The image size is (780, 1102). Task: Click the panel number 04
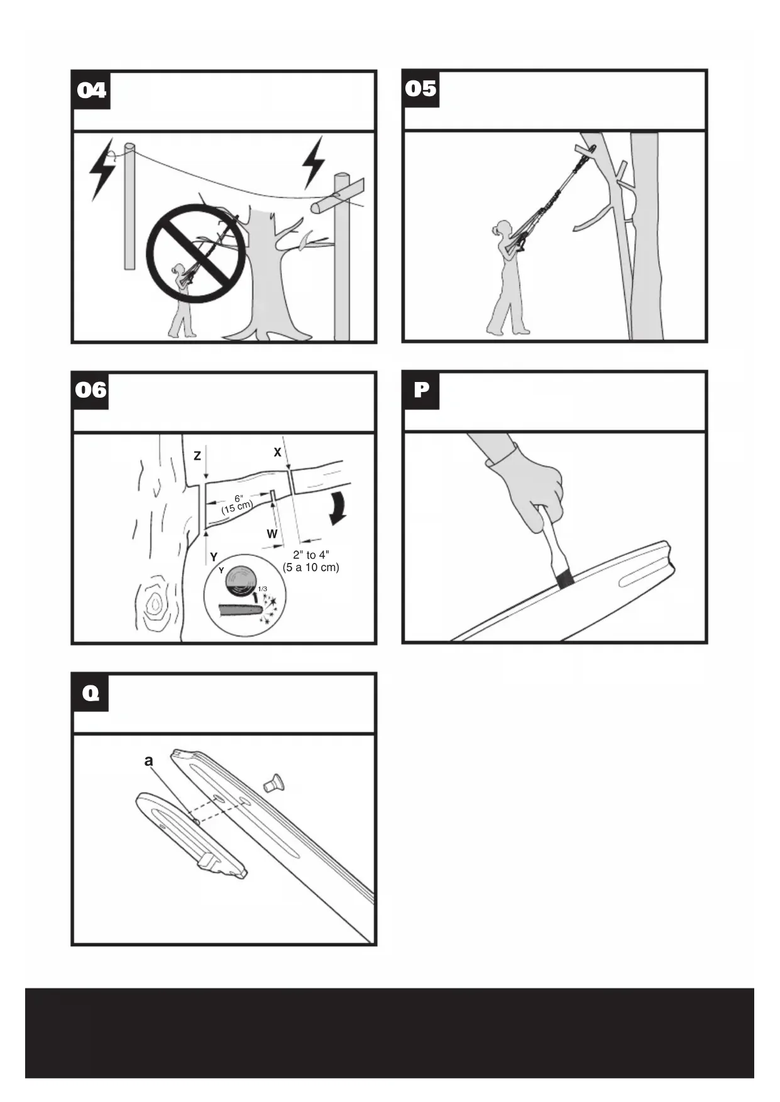pos(92,90)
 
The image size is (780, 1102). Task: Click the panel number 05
pos(420,89)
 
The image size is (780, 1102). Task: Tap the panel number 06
pos(91,390)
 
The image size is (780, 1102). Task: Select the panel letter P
pos(421,390)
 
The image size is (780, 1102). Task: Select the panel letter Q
pos(91,693)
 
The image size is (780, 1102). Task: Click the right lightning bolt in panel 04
pos(313,162)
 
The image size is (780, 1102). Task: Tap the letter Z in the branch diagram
pos(197,456)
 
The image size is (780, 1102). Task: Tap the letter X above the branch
pos(277,452)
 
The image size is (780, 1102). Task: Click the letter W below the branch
pos(272,534)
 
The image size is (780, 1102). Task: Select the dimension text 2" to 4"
pos(310,555)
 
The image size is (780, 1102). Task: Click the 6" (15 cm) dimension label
pos(237,504)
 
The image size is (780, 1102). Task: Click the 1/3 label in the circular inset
pos(262,589)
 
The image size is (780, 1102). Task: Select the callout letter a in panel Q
pos(148,761)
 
